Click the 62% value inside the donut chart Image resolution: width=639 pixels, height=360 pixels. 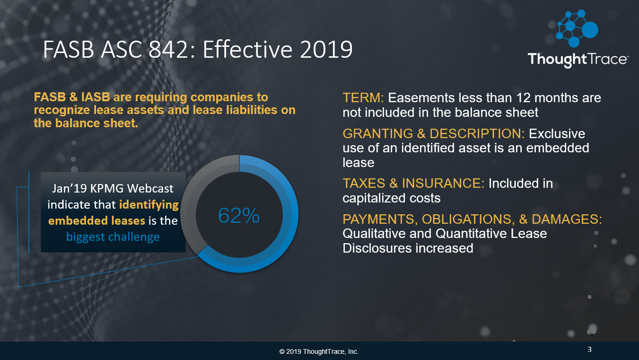(x=239, y=216)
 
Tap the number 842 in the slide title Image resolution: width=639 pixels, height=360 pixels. (x=171, y=50)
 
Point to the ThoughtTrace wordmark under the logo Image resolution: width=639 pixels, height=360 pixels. (x=578, y=60)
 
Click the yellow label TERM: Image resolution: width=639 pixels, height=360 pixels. (x=363, y=98)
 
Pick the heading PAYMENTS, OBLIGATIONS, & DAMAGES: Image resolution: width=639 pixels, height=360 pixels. (x=472, y=220)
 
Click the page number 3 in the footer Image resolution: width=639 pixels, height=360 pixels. (x=589, y=350)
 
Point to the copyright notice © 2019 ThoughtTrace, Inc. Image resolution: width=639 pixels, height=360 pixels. (x=319, y=351)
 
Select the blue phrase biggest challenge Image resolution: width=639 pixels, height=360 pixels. (x=113, y=237)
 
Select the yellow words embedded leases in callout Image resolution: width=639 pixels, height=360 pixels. (x=96, y=220)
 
